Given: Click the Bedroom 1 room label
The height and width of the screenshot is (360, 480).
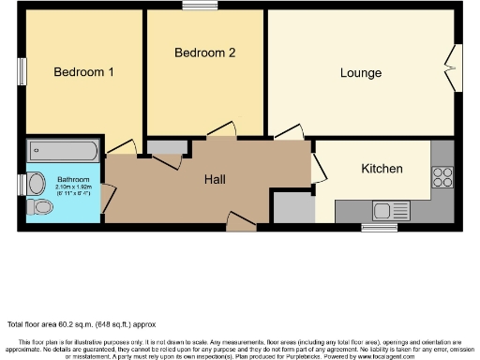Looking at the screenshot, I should click(x=83, y=72).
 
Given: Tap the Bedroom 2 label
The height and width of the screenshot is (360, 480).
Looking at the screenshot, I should click(x=204, y=52).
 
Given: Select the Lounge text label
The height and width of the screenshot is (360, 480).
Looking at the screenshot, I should click(x=361, y=73).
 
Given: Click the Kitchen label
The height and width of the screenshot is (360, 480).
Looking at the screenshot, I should click(x=382, y=169).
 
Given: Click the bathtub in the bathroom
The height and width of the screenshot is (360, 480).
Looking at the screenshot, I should click(x=62, y=151).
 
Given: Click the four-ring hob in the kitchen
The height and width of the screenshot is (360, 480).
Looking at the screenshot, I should click(x=442, y=176).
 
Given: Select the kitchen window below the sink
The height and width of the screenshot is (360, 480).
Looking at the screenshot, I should click(x=380, y=227).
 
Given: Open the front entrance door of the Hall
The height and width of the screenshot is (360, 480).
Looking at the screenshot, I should click(x=240, y=221).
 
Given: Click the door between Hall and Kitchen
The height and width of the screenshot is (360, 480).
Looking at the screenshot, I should click(x=319, y=167).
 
